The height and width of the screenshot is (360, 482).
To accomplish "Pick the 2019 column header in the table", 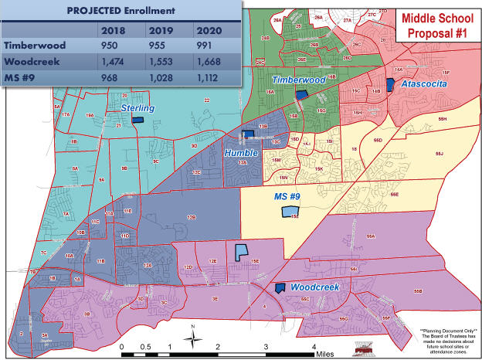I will click(160, 30).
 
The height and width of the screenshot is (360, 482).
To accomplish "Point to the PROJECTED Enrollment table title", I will click(120, 12).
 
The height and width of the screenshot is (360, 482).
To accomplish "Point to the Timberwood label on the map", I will click(296, 80).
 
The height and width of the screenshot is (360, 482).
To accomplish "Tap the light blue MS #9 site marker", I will click(289, 211).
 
